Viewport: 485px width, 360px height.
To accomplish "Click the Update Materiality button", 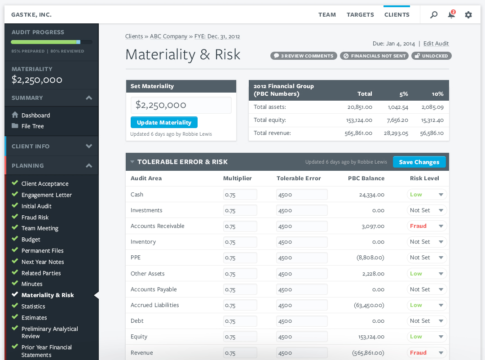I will click(164, 123).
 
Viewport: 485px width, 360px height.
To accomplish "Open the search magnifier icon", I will click(434, 15).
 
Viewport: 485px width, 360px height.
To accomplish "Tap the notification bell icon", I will click(451, 15).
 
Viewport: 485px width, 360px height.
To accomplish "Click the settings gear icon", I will click(468, 15).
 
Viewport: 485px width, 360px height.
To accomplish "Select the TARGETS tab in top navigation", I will click(360, 15).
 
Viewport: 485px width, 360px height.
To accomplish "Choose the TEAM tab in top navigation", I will click(327, 15).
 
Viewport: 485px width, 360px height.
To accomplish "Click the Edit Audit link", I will click(436, 44).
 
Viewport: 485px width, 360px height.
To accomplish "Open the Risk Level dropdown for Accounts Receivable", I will click(427, 226).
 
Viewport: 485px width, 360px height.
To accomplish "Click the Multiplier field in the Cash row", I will click(240, 195).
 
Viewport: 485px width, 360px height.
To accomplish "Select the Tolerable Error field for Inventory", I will click(302, 242).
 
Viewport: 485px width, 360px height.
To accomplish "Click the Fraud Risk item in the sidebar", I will click(35, 217).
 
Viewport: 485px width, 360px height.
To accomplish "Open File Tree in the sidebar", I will click(33, 126).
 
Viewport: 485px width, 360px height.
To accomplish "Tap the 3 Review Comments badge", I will click(304, 56).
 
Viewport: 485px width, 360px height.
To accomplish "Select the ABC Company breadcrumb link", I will click(168, 36).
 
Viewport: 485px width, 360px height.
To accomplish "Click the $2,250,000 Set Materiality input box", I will click(181, 105).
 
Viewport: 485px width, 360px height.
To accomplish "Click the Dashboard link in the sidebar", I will click(35, 116).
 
